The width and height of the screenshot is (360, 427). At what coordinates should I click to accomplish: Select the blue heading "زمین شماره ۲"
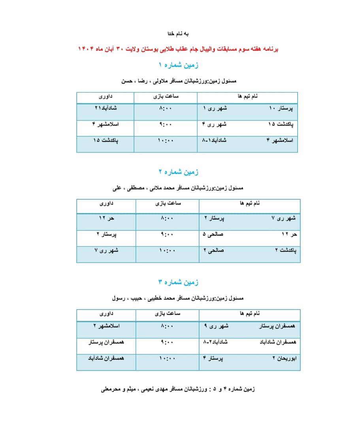[x=178, y=172]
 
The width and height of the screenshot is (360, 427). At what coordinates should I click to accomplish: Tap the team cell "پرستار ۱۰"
[x=283, y=108]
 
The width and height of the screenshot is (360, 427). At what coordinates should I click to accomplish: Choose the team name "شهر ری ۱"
[x=215, y=108]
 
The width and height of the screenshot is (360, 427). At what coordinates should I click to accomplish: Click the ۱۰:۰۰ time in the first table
[x=166, y=141]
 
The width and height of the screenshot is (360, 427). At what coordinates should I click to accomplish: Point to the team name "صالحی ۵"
[x=213, y=234]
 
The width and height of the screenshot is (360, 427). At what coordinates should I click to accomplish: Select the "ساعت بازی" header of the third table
[x=168, y=314]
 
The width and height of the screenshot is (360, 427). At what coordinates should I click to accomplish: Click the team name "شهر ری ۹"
[x=216, y=326]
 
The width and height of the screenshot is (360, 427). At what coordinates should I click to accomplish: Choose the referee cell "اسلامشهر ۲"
[x=106, y=326]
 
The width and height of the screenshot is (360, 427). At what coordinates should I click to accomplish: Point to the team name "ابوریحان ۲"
[x=285, y=359]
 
